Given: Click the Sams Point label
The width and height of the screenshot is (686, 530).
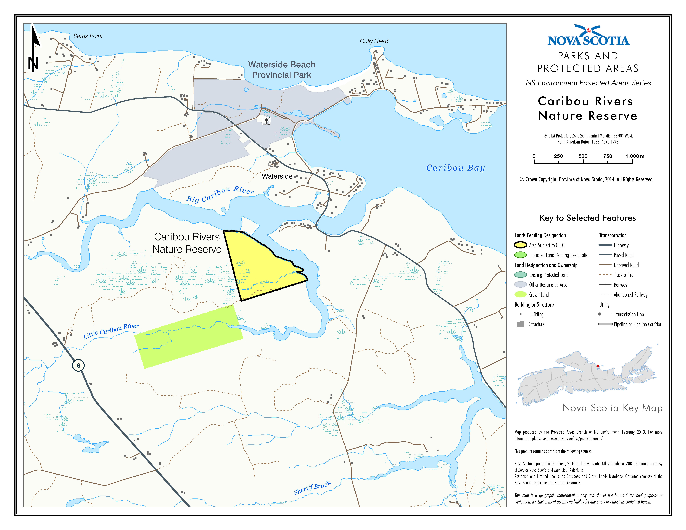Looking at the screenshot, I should tap(88, 36).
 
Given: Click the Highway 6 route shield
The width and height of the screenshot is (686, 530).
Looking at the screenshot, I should tap(78, 365).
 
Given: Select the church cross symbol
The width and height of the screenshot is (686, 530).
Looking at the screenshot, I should tap(266, 121).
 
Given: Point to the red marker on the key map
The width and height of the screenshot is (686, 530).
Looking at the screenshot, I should tap(598, 366).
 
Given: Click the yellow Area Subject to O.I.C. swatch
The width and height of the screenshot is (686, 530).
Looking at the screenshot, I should tap(520, 245).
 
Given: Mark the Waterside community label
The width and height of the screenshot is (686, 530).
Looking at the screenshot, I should tap(277, 176).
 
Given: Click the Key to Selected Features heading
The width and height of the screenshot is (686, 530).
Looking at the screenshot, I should tap(587, 218).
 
